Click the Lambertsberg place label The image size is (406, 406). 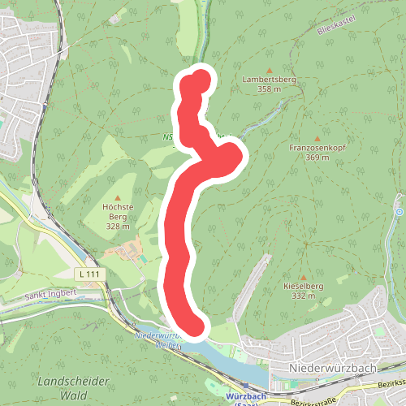[x=268, y=80]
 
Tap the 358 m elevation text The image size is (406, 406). [x=268, y=89]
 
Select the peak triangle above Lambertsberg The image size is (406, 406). [x=268, y=70]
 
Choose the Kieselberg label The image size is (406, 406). [x=303, y=287]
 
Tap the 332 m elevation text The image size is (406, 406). [x=303, y=296]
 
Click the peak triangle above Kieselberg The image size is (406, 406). [x=303, y=277]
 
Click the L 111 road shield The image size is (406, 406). [x=90, y=275]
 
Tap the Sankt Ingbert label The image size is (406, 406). [x=50, y=297]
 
